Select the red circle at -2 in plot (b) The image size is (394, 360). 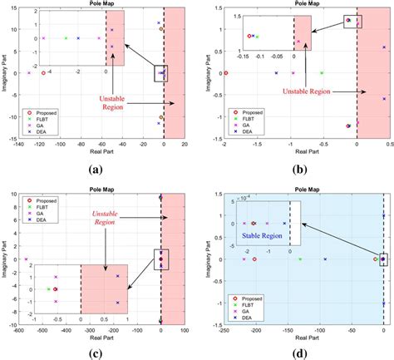pyautogui.click(x=225, y=73)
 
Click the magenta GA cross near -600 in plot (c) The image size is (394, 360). pyautogui.click(x=27, y=259)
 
